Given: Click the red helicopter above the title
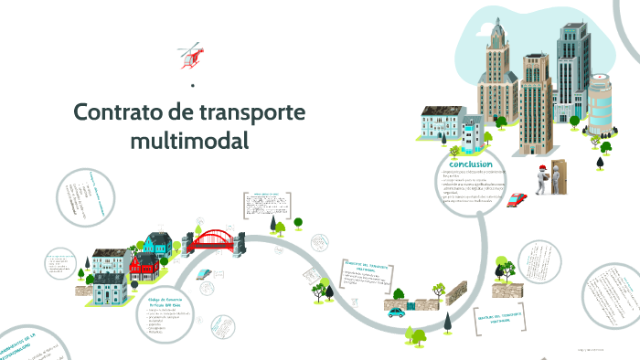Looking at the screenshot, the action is pos(191,55).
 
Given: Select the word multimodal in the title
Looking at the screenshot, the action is pos(189,141).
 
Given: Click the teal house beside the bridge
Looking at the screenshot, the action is pos(157,245).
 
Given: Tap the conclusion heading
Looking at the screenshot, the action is pos(464,164).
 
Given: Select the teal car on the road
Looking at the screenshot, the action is pos(396,312).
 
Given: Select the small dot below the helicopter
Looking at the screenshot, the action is pos(193,86).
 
